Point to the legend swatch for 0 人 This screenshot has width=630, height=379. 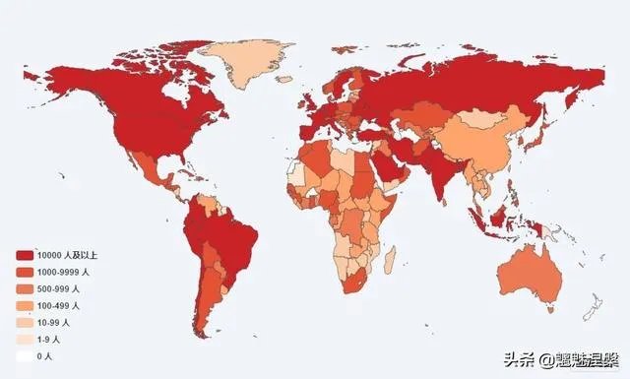click(x=23, y=356)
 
